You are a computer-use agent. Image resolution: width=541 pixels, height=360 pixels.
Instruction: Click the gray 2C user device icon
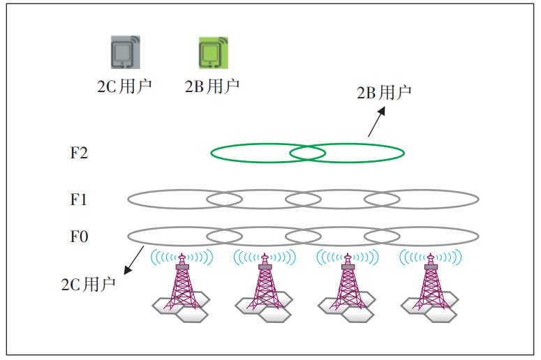click(x=125, y=52)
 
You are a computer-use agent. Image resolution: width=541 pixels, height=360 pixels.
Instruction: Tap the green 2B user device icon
click(x=213, y=53)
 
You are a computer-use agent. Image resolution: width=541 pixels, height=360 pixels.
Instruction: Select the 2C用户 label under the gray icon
click(x=124, y=87)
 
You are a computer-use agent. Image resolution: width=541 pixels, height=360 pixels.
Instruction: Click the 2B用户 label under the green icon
click(x=212, y=87)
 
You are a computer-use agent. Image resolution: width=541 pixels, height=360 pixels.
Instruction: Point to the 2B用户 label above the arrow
click(x=384, y=92)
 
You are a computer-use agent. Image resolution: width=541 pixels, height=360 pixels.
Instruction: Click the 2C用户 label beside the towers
click(x=88, y=285)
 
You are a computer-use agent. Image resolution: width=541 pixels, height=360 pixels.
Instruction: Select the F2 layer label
click(x=79, y=153)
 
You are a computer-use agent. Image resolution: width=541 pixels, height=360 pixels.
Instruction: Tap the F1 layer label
click(x=78, y=200)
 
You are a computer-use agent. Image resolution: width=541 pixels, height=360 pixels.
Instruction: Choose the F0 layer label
click(x=79, y=237)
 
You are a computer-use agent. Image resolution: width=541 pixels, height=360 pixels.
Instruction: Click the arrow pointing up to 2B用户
click(x=376, y=121)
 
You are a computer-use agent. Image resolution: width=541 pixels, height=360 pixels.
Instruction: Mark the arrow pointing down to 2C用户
click(x=134, y=260)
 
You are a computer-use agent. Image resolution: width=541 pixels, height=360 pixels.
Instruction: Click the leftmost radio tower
click(x=181, y=281)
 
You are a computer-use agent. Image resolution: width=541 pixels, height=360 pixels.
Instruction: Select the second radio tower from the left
click(x=265, y=281)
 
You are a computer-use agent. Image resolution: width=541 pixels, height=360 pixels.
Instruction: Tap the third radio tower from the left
click(x=348, y=281)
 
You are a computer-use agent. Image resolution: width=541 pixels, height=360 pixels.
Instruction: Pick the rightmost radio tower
click(x=431, y=281)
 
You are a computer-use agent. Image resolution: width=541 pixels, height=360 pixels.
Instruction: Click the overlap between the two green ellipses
click(x=307, y=153)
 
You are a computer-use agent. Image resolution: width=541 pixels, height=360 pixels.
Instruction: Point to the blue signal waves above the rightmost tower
click(x=431, y=257)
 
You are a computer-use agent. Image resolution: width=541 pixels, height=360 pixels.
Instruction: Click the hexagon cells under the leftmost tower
click(x=181, y=307)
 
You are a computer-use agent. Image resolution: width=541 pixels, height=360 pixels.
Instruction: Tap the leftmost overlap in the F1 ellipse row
click(x=224, y=200)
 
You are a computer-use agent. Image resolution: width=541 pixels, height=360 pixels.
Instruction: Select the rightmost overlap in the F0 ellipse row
click(x=382, y=237)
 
